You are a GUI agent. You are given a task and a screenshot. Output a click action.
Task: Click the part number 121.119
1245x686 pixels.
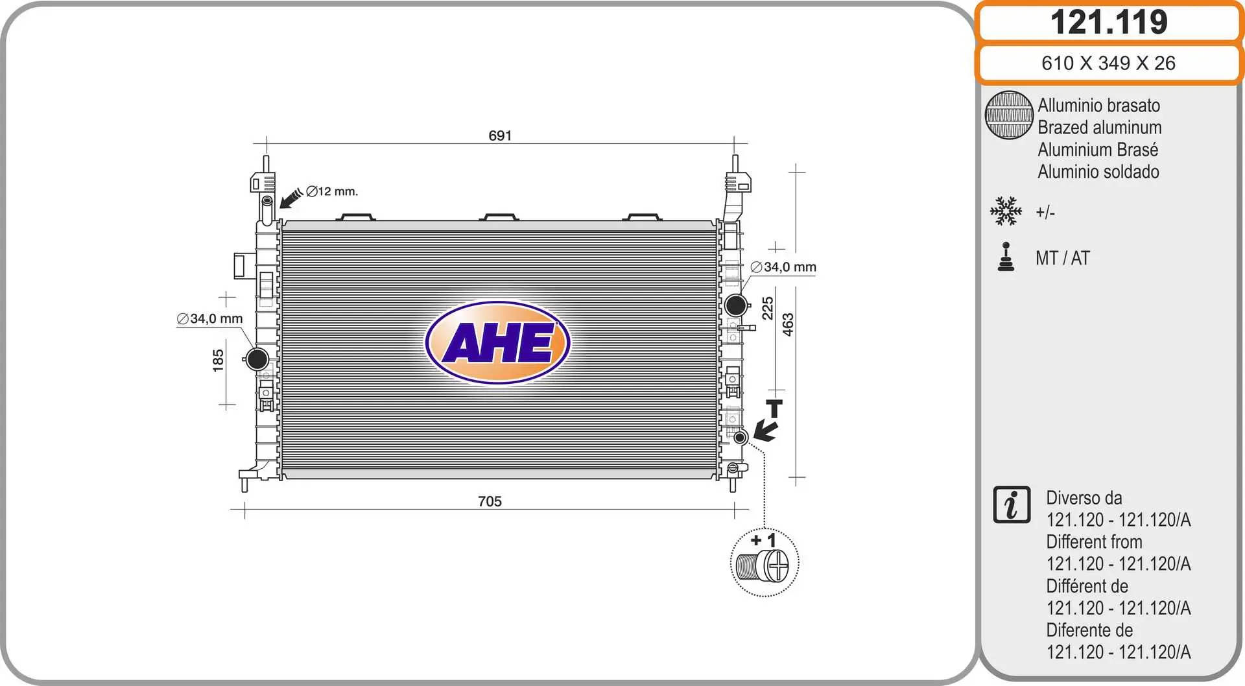pos(1109,22)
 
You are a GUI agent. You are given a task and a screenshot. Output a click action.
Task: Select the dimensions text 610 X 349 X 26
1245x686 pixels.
pos(1108,63)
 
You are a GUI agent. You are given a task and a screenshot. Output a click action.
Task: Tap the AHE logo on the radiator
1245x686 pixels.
pos(498,342)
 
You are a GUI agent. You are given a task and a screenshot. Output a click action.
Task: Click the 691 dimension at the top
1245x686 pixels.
pos(500,136)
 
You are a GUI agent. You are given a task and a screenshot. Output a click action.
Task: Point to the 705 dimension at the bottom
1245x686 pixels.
pos(490,501)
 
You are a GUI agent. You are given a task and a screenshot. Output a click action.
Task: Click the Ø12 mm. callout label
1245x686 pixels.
pos(332,191)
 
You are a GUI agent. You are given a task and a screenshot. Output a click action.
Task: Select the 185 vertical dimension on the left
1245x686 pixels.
pos(218,361)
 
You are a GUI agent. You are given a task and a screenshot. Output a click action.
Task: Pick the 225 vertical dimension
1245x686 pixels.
pos(768,309)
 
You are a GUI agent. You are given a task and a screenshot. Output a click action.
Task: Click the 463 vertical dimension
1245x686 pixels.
pos(788,325)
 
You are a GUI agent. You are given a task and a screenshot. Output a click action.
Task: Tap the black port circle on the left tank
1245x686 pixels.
pos(257,359)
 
